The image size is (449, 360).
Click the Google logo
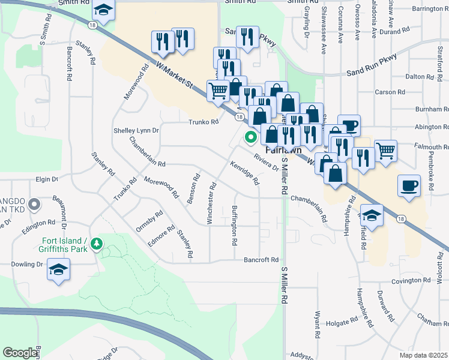point(20,353)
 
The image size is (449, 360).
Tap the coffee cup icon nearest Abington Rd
point(349,125)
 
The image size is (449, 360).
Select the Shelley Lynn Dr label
point(136,130)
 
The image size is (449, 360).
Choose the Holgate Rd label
point(342,323)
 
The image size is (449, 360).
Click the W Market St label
point(175,76)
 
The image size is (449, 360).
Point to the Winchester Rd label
point(211,203)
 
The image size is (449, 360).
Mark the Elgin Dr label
point(47,179)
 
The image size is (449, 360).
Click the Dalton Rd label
point(420,77)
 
